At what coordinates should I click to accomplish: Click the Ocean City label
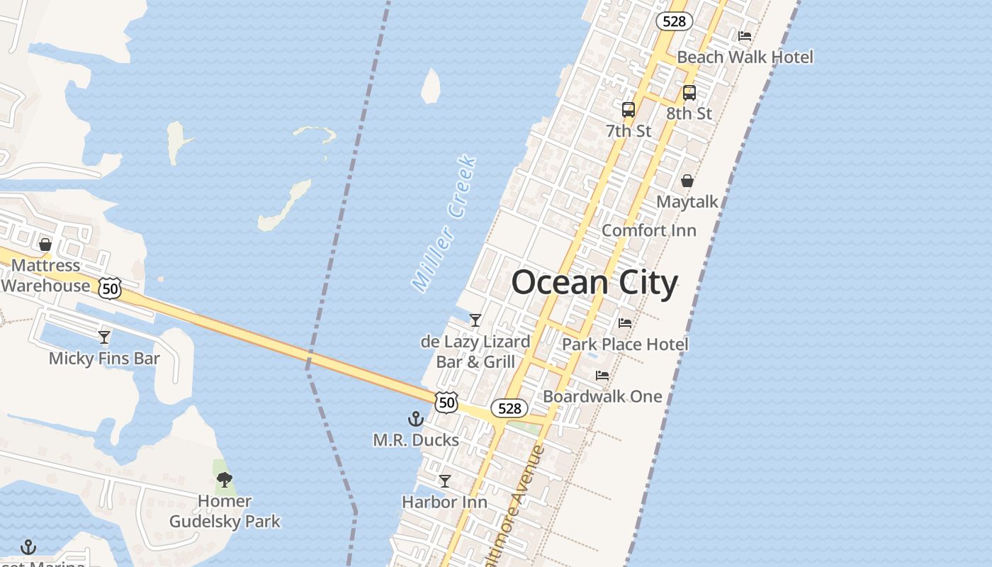[x=594, y=283]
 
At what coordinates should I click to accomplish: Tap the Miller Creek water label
[x=444, y=223]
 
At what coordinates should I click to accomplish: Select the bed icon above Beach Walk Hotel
[x=745, y=35]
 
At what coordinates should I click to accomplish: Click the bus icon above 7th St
[x=629, y=110]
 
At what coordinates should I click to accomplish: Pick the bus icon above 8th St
[x=689, y=92]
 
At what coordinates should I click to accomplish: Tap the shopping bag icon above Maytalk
[x=687, y=181]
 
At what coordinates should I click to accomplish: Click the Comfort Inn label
[x=648, y=230]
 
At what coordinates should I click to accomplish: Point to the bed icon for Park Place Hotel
[x=624, y=322]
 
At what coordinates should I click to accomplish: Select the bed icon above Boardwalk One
[x=602, y=375]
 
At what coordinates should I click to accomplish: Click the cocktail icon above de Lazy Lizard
[x=475, y=320]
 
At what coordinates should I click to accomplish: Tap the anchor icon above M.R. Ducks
[x=416, y=419]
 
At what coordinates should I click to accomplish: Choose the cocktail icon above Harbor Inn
[x=444, y=481]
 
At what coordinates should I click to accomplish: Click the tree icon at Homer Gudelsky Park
[x=225, y=480]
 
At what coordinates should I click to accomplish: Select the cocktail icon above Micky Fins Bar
[x=104, y=337]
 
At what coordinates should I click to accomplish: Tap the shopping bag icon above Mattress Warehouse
[x=45, y=245]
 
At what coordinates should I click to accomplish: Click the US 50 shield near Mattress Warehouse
[x=110, y=288]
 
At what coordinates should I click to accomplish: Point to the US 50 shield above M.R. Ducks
[x=446, y=403]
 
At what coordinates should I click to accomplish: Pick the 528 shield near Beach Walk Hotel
[x=673, y=21]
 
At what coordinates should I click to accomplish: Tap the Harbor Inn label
[x=444, y=503]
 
